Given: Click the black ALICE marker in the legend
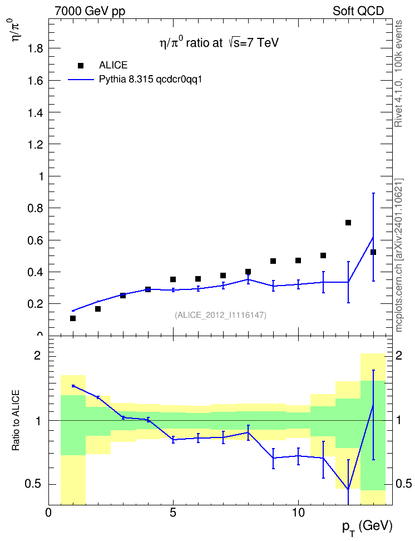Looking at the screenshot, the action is point(80,66).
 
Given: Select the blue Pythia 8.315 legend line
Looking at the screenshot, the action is point(81,80).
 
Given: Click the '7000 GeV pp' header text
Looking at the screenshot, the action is point(90,11).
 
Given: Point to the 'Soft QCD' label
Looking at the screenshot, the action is point(358,11).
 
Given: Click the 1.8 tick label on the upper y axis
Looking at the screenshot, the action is point(35,48).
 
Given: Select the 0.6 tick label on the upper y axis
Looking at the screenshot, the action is point(35,240).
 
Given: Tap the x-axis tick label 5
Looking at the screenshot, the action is point(173,513).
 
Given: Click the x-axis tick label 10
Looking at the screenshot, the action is point(298,513).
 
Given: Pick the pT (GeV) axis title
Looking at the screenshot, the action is point(367,528).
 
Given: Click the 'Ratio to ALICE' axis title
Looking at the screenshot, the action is point(16,420).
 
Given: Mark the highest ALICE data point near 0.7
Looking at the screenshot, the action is point(348,223).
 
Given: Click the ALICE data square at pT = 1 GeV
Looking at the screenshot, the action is point(73,318).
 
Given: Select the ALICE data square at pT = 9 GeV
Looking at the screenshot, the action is point(273,261).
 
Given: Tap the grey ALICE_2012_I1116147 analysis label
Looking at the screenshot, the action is point(221,314).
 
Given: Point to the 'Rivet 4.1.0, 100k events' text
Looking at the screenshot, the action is point(398,73).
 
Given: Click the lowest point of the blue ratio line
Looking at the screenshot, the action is point(348,489).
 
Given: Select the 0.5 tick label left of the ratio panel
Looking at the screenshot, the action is point(33,484).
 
